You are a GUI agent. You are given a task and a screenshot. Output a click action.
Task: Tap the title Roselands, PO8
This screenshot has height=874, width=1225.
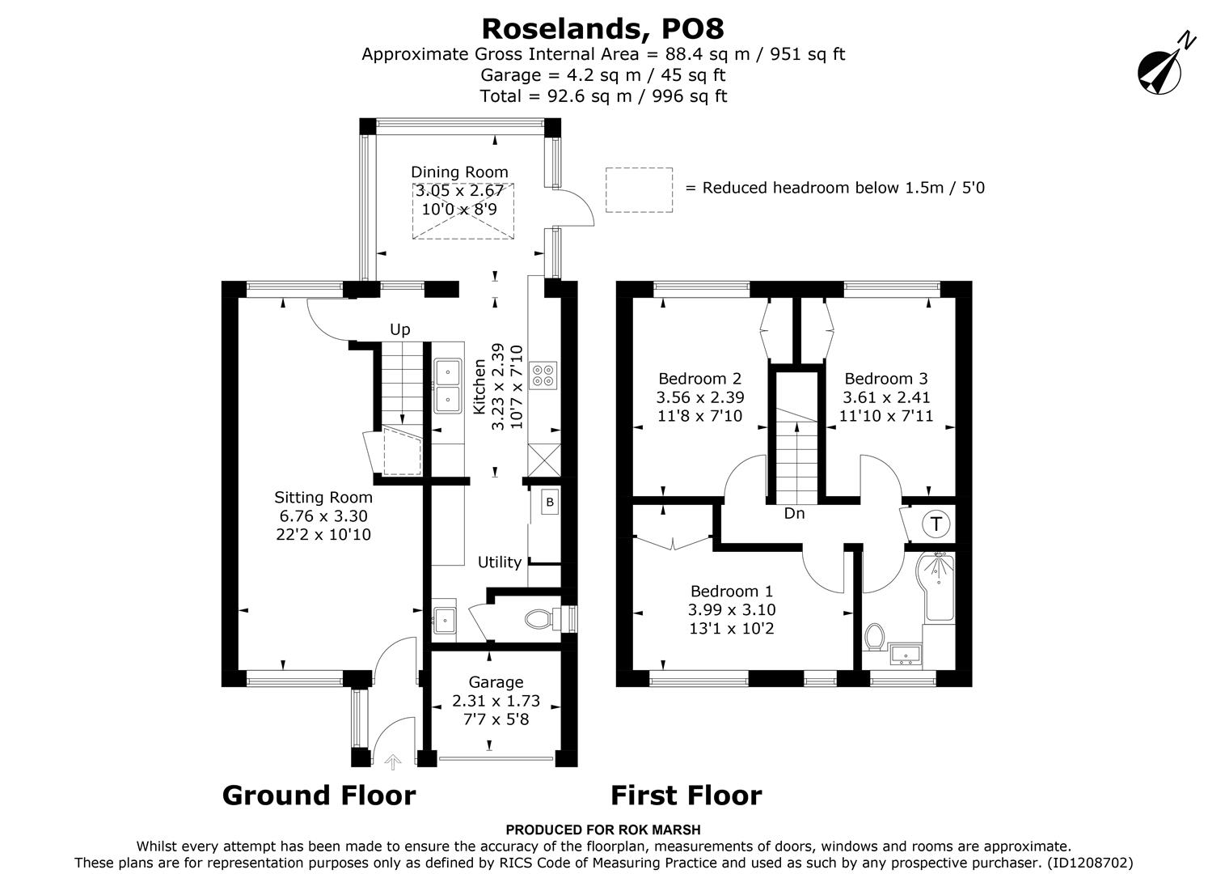point(602,28)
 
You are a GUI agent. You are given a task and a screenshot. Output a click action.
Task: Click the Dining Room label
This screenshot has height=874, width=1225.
point(459,172)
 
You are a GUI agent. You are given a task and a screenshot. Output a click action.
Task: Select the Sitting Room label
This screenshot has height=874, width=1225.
point(323,498)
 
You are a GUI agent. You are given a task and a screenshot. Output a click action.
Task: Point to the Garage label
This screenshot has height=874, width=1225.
point(496,682)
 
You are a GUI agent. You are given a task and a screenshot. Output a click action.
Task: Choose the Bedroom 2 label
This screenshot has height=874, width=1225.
point(699,379)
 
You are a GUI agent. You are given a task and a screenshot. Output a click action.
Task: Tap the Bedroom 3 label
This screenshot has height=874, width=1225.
point(886,379)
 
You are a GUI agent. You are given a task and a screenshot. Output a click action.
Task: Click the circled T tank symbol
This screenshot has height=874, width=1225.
point(936,524)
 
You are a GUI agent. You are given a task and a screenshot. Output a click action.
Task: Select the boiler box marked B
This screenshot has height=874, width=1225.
point(550,503)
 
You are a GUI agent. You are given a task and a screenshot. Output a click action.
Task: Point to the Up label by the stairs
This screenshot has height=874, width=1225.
point(400,329)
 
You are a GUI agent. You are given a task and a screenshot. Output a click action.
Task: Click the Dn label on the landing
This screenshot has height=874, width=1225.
point(794,513)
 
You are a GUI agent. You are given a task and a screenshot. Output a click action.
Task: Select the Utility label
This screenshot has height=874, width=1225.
point(499,562)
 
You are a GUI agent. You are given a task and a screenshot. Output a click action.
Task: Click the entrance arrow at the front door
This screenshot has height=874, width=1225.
point(393,761)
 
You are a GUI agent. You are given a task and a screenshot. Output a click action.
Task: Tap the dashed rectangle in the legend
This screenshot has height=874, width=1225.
point(639,190)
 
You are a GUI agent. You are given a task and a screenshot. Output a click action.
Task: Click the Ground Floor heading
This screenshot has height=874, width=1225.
point(319,796)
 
